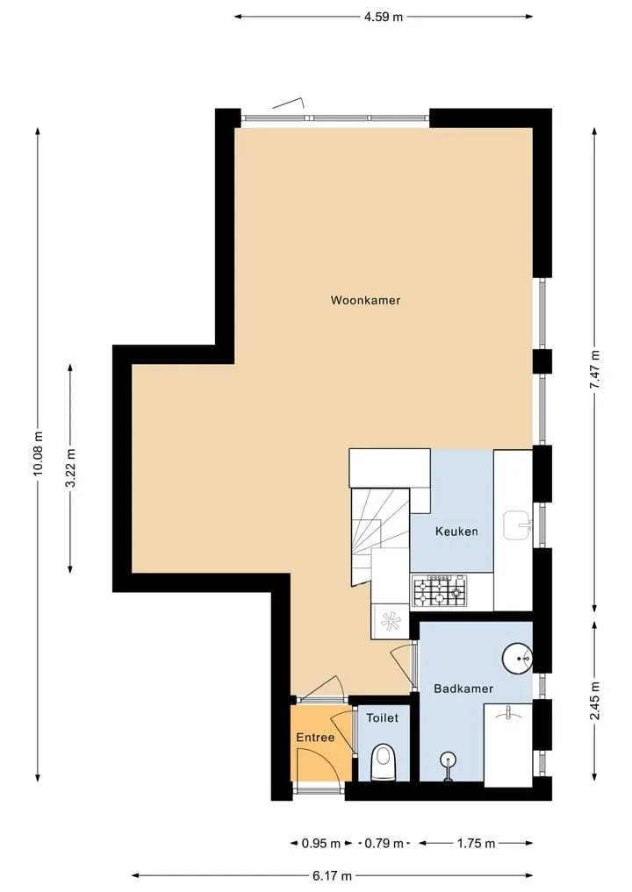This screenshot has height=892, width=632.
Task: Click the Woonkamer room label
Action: [x=365, y=300]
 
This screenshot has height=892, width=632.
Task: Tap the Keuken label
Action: [x=456, y=532]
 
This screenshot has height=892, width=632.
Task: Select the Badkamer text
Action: [x=463, y=689]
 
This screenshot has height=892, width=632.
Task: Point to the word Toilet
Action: [x=382, y=718]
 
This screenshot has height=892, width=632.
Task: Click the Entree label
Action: [x=315, y=738]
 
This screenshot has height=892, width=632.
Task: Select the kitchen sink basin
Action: [x=518, y=525]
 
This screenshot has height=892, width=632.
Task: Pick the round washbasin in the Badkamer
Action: [x=518, y=659]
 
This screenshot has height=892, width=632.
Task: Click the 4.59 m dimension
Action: [x=384, y=17]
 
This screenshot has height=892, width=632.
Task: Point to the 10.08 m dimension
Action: [x=38, y=453]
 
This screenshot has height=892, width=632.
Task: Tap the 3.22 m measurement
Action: [x=70, y=468]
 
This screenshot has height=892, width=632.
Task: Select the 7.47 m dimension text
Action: [x=594, y=370]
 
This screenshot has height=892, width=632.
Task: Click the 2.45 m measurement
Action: [x=594, y=700]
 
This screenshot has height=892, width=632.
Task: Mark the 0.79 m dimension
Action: [x=384, y=843]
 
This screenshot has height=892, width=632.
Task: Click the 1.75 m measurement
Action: [x=476, y=843]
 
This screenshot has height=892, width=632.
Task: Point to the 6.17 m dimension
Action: [x=332, y=875]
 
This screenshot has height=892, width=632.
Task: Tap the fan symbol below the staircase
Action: [x=390, y=621]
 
